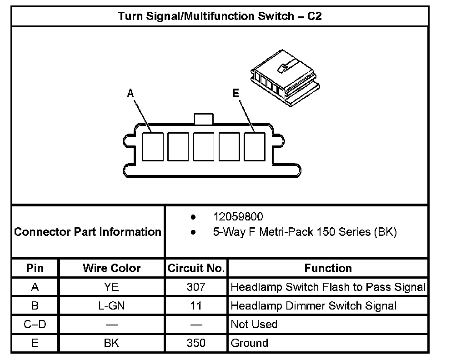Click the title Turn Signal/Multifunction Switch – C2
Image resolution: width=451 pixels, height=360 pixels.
tap(220, 16)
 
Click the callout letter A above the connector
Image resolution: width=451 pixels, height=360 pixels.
tap(130, 94)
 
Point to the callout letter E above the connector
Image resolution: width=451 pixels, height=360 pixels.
tap(235, 94)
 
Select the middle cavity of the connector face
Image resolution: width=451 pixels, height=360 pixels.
tap(204, 146)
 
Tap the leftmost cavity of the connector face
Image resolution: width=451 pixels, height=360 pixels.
tap(153, 146)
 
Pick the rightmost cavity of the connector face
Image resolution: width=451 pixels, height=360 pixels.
tap(255, 146)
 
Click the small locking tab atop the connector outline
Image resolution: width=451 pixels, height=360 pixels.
tap(203, 118)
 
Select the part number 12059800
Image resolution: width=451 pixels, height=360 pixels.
tap(238, 216)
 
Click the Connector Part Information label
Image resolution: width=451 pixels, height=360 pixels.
tap(88, 232)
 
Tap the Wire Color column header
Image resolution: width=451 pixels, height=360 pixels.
tap(111, 268)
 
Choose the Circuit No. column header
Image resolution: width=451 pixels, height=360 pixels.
tap(196, 268)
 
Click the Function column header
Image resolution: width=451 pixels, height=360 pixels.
tap(328, 268)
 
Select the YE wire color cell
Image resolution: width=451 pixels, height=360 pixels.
tap(111, 287)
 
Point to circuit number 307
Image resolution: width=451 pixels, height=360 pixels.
tap(196, 287)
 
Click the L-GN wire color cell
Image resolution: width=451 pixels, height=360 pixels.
tap(111, 306)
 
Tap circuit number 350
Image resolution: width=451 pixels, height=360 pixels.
tap(196, 343)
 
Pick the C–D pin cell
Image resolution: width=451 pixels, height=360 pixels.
tap(35, 325)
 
